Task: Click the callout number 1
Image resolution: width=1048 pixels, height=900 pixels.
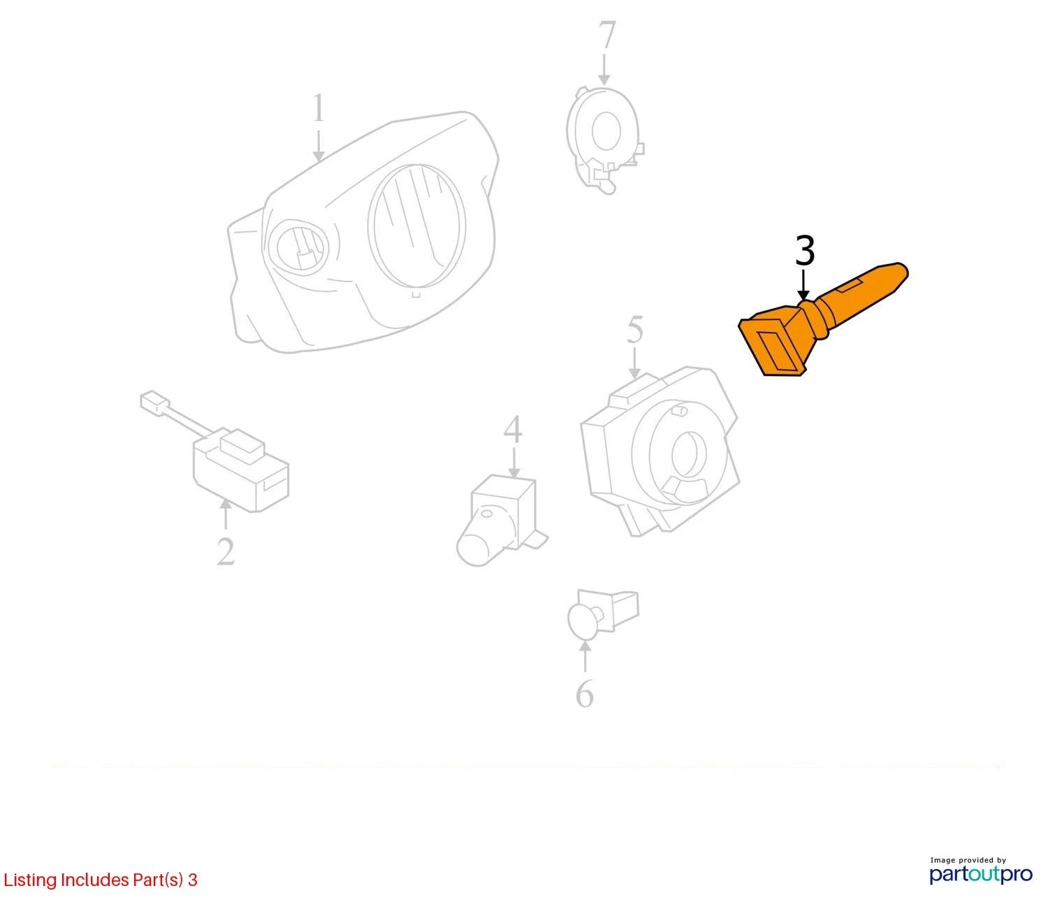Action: coord(318,108)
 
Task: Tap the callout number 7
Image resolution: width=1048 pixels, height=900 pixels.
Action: coord(606,35)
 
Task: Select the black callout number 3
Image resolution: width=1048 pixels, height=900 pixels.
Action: coord(805,251)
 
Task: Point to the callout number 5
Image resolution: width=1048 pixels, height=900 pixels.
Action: coord(635,330)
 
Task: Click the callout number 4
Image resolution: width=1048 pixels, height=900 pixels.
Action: coord(513,430)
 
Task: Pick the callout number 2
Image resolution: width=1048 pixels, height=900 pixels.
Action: coord(226,551)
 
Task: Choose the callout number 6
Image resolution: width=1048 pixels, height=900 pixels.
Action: coord(585,693)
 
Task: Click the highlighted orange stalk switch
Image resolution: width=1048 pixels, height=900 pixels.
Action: coord(822,320)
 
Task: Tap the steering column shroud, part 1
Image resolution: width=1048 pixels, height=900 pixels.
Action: coord(363,233)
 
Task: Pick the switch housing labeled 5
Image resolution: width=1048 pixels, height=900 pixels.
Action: coord(659,451)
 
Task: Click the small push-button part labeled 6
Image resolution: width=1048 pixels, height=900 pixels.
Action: coord(602,613)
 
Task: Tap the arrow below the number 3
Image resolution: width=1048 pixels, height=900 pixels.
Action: coord(803,285)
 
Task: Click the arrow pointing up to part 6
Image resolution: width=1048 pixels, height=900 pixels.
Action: coord(585,657)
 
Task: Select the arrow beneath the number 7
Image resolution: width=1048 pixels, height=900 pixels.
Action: coord(604,70)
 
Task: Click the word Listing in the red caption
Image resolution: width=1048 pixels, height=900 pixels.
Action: coord(31,880)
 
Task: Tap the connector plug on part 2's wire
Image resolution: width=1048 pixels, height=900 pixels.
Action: coord(154,401)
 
